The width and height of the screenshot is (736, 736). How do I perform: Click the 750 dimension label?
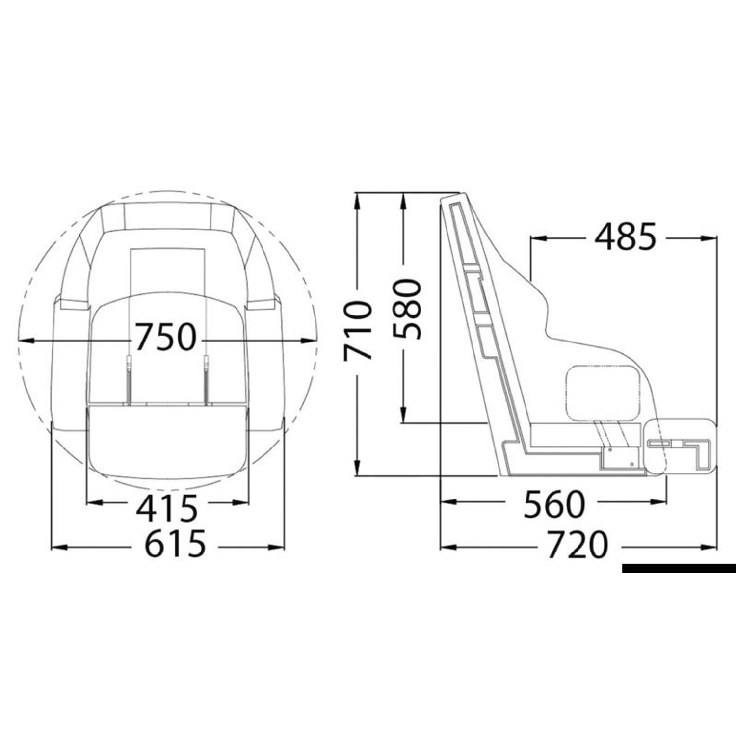tap(165, 338)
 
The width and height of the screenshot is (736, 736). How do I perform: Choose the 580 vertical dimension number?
tap(407, 309)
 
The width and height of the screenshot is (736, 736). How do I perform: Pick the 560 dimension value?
tap(554, 505)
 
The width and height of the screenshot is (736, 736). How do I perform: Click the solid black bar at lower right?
tap(679, 568)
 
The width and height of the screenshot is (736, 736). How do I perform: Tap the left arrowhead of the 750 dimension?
tap(26, 339)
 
